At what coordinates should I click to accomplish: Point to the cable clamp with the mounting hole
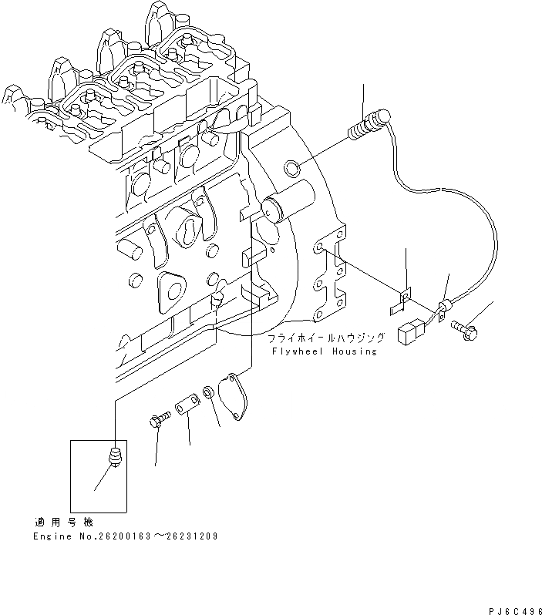click(x=443, y=310)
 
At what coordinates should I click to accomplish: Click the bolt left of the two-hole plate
click(x=158, y=421)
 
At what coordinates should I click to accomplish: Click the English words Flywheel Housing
click(x=325, y=351)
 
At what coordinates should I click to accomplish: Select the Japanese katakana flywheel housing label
click(x=325, y=338)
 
